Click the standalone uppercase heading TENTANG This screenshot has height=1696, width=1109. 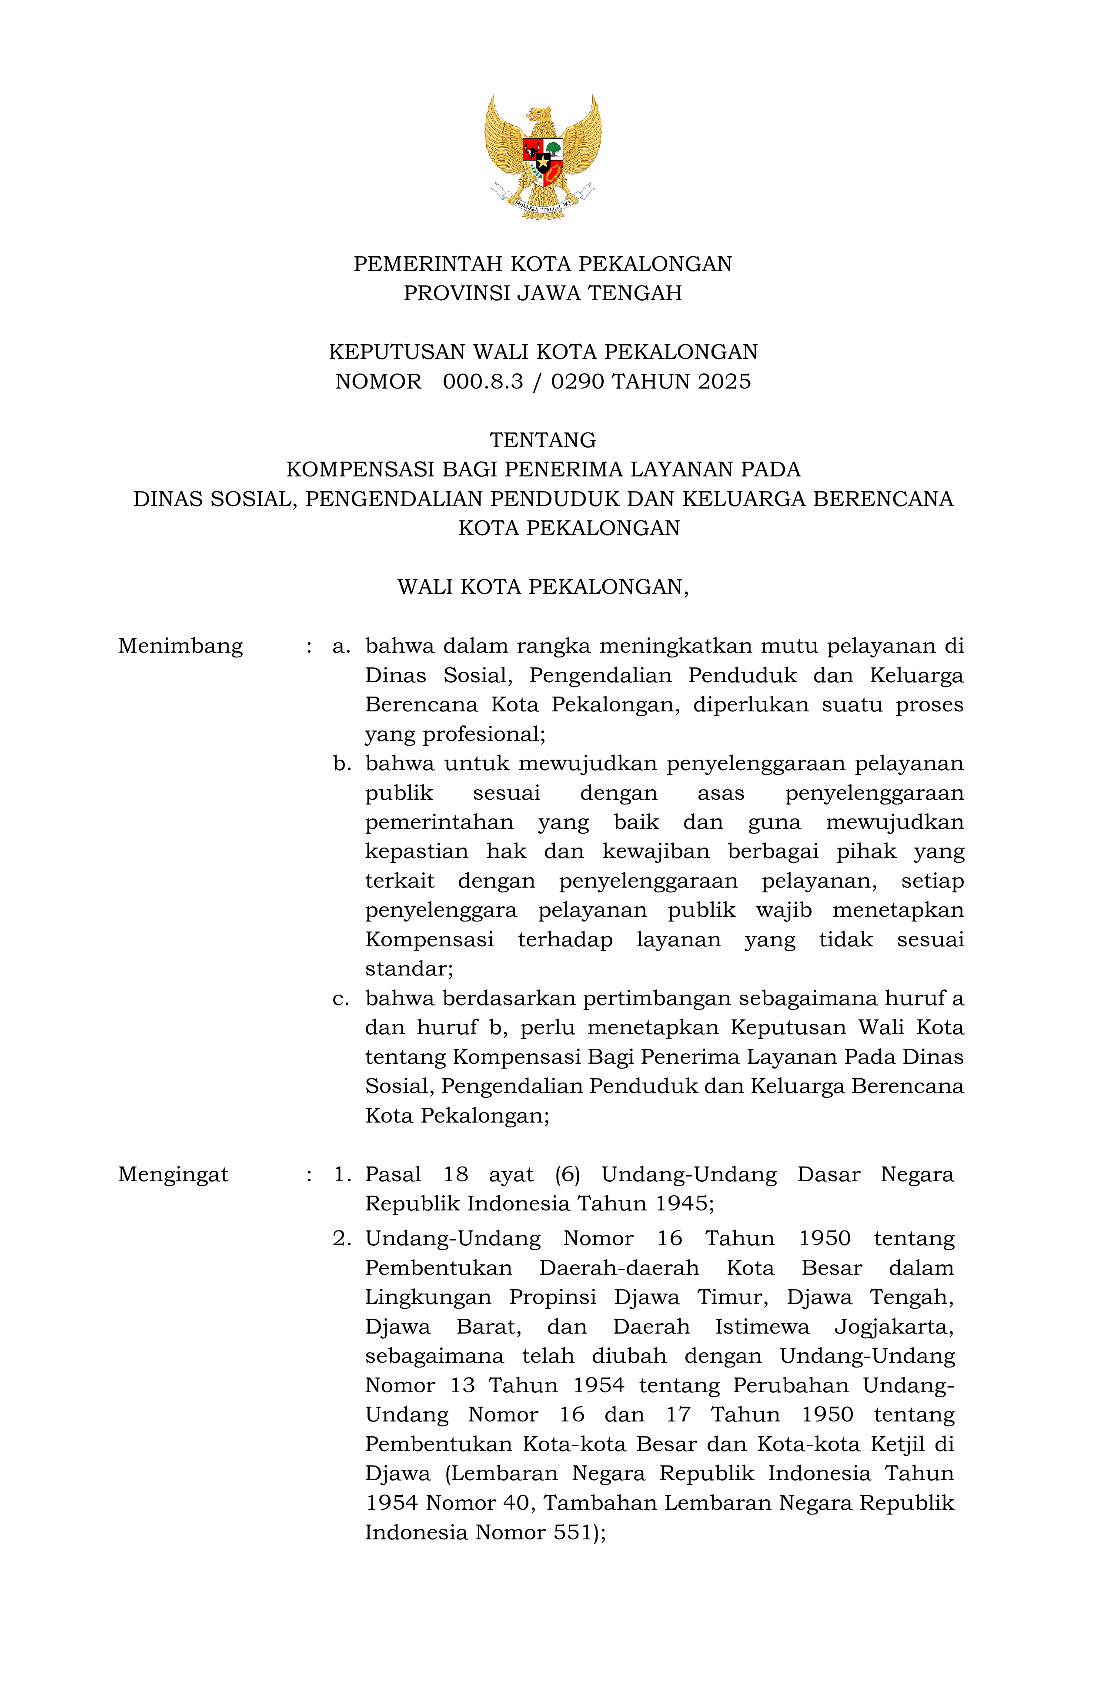[x=543, y=440]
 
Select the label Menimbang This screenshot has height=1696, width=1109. [x=180, y=646]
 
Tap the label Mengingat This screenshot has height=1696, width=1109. [x=173, y=1174]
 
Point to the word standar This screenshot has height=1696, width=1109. [x=408, y=969]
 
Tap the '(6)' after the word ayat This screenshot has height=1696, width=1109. [x=568, y=1174]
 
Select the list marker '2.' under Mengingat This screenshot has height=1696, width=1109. [x=342, y=1239]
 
